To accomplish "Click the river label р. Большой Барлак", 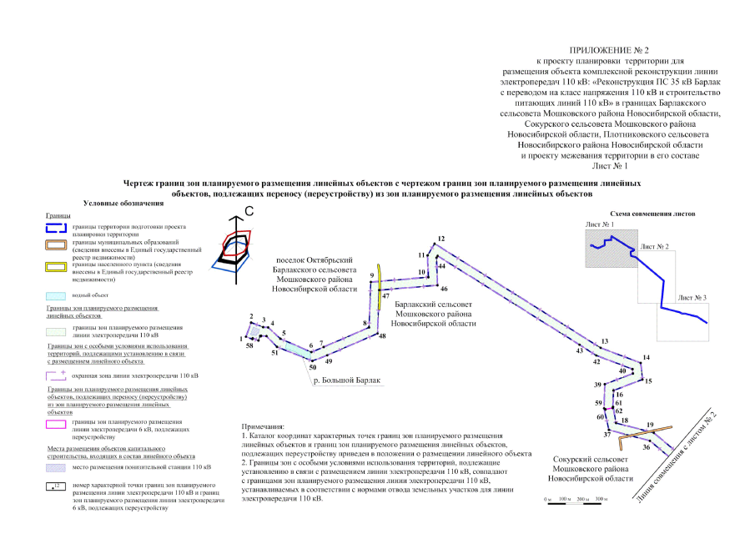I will click(347, 380).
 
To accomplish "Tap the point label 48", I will click(382, 335).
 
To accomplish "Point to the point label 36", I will click(645, 447).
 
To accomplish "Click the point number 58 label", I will click(249, 345).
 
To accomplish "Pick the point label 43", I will click(579, 350).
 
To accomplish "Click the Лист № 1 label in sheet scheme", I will click(601, 225).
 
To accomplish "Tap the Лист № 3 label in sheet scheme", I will click(692, 298).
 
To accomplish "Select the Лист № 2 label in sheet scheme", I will click(653, 247).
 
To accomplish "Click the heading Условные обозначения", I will click(123, 203).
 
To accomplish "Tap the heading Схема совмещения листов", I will click(652, 213).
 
